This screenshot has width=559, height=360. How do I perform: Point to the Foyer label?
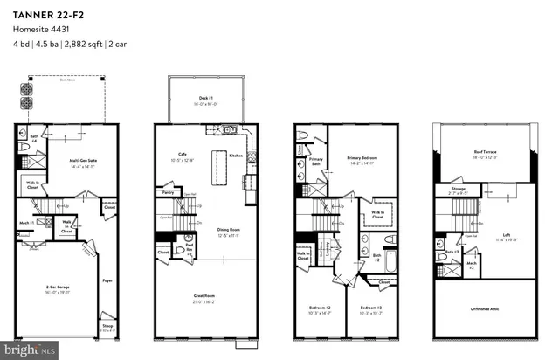pos(108,280)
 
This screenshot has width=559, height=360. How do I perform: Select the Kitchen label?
pos(235,155)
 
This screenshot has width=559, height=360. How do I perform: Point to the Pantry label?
pos(168,190)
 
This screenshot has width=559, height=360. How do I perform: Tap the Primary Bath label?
pos(315,159)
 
